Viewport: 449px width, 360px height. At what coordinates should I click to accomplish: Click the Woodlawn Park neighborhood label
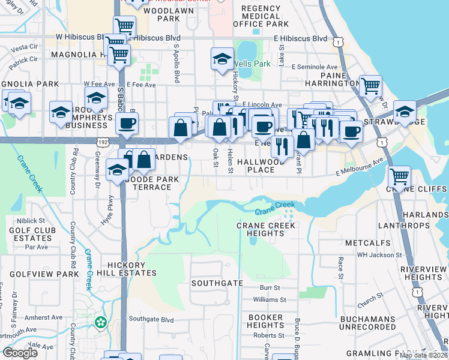160,14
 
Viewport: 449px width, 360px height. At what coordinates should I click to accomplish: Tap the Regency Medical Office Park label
261,16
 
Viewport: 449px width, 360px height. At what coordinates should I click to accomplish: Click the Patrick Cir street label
23,60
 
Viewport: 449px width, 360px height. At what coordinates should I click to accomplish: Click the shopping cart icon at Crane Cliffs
399,177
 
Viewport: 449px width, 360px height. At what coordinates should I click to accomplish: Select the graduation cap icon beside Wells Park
222,59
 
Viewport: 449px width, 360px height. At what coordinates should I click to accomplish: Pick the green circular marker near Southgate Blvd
101,322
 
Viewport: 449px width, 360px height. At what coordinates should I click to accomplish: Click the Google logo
20,353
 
